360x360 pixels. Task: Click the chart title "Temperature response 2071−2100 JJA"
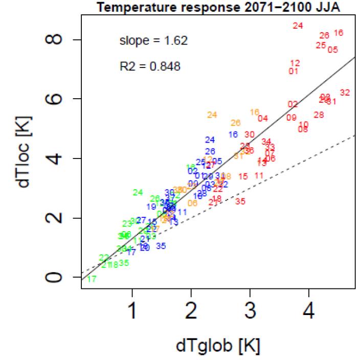point(213,6)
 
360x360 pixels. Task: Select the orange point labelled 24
point(212,115)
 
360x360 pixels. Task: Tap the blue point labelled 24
point(210,140)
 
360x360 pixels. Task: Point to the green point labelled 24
point(138,192)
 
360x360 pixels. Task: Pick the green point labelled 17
point(92,279)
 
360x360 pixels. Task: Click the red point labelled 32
point(345,93)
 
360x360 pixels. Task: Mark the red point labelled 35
point(240,201)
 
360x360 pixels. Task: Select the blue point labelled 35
point(161,245)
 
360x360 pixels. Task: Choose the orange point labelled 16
point(255,112)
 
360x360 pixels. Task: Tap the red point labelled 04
point(263,118)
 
